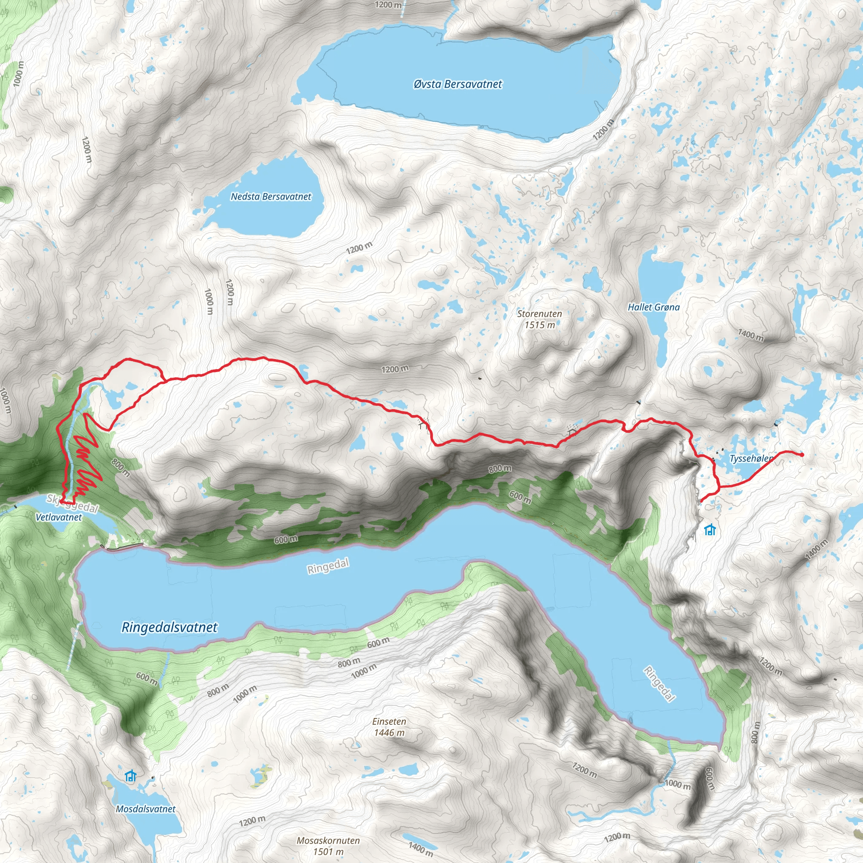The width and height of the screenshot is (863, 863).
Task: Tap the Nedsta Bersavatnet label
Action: pyautogui.click(x=271, y=196)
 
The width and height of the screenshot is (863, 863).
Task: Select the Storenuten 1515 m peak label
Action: pyautogui.click(x=540, y=319)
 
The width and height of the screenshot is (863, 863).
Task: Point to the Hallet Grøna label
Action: pyautogui.click(x=654, y=307)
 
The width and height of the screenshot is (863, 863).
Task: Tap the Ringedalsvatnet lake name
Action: pyautogui.click(x=169, y=627)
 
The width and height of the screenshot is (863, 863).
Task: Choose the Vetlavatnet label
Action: pyautogui.click(x=59, y=517)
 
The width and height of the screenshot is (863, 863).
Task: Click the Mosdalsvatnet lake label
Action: pyautogui.click(x=146, y=809)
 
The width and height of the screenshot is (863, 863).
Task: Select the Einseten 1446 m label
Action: pyautogui.click(x=389, y=727)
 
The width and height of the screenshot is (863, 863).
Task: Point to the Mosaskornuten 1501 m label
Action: pyautogui.click(x=328, y=846)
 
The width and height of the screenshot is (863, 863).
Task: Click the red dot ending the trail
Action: pyautogui.click(x=802, y=455)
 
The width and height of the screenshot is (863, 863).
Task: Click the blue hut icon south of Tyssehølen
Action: pyautogui.click(x=710, y=530)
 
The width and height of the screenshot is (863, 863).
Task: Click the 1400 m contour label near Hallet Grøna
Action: pyautogui.click(x=750, y=335)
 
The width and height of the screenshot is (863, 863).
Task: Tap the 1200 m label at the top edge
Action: pyautogui.click(x=388, y=5)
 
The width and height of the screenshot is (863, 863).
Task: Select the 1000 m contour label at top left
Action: pyautogui.click(x=18, y=74)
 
